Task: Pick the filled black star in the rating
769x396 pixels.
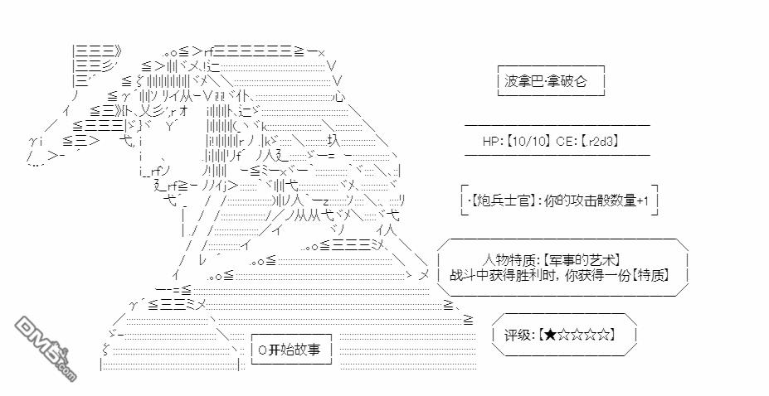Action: coord(551,335)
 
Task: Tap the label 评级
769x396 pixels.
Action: coord(517,335)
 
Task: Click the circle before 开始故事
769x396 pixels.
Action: coord(261,350)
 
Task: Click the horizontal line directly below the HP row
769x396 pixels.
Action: coord(557,155)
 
